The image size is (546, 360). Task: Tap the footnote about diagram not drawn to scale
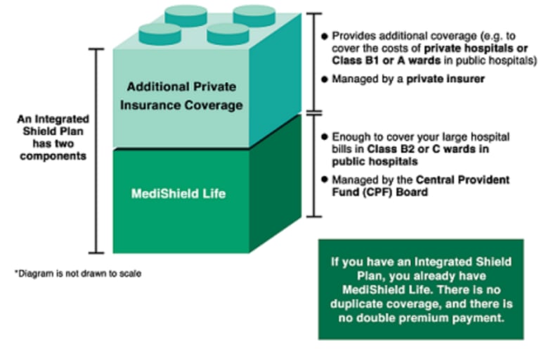pyautogui.click(x=77, y=273)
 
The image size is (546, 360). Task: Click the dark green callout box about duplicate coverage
pyautogui.click(x=420, y=289)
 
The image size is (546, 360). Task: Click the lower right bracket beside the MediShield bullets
pyautogui.click(x=315, y=163)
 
